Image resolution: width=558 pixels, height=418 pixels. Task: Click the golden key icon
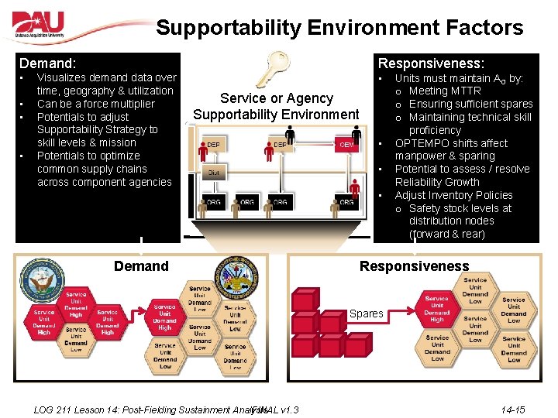click(274, 69)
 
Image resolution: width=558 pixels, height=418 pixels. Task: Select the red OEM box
click(346, 145)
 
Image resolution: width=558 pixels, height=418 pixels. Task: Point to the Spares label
click(366, 313)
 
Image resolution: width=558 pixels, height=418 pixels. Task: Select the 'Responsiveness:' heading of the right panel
click(430, 63)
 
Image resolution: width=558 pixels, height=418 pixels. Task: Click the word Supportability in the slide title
click(229, 28)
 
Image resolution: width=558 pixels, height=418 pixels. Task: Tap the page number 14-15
click(512, 409)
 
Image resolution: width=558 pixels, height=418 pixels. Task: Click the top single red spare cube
click(304, 299)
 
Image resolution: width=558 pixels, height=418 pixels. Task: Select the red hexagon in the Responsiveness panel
click(437, 309)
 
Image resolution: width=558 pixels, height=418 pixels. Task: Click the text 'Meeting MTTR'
click(444, 91)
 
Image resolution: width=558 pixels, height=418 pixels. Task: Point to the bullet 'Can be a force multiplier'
click(95, 104)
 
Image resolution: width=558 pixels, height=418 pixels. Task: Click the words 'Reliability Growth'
click(437, 182)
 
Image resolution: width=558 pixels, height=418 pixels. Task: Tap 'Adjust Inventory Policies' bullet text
click(453, 195)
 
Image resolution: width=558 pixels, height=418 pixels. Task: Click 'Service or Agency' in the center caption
click(276, 98)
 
